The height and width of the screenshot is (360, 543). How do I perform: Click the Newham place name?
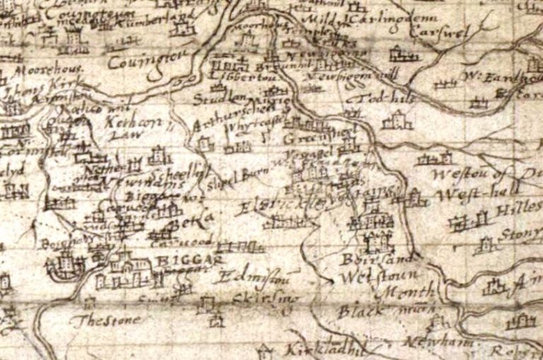click(423, 343)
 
